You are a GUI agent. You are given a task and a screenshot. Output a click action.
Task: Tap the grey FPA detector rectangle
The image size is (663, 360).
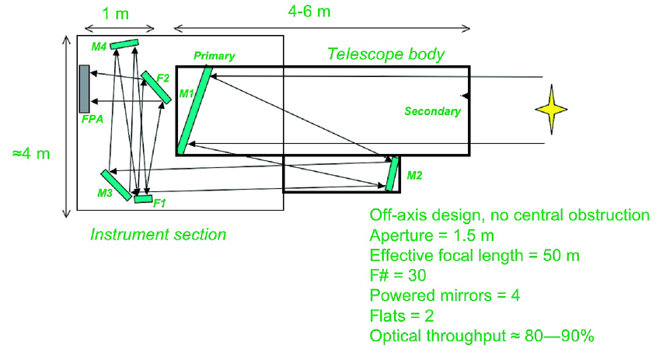[82, 88]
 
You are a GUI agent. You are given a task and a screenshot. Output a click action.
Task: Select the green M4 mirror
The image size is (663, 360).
[124, 44]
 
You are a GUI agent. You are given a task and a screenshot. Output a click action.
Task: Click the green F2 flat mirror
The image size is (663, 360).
[156, 88]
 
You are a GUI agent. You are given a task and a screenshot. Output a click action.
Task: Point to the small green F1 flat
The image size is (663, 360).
[143, 199]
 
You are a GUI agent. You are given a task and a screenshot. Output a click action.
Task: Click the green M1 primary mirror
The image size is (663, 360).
[194, 110]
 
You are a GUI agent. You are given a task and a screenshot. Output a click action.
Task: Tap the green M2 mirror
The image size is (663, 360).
[393, 173]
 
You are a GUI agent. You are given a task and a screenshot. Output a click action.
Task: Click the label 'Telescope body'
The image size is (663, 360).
[386, 54]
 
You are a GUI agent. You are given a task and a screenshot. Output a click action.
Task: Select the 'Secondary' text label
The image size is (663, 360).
[432, 111]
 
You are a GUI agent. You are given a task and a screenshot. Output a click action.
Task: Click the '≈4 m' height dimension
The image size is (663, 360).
[30, 153]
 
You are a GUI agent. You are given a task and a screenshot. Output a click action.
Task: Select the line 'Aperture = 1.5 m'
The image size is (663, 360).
[433, 234]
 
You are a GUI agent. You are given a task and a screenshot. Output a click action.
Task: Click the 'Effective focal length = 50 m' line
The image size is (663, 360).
[475, 254]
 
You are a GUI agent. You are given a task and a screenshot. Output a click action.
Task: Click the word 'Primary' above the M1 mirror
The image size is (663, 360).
[214, 56]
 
